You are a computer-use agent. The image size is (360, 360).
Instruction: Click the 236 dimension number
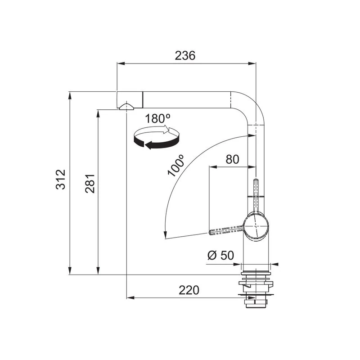tap(185, 55)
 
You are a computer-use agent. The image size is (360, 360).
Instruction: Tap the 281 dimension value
tap(90, 184)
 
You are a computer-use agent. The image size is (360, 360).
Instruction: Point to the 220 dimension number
tap(189, 290)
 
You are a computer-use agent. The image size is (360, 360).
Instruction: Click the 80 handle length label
tap(232, 159)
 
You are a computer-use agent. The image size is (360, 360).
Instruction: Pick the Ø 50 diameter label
tap(220, 255)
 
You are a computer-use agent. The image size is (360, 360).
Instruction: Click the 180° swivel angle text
tap(158, 119)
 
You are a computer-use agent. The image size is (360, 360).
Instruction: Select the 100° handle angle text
tap(176, 165)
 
